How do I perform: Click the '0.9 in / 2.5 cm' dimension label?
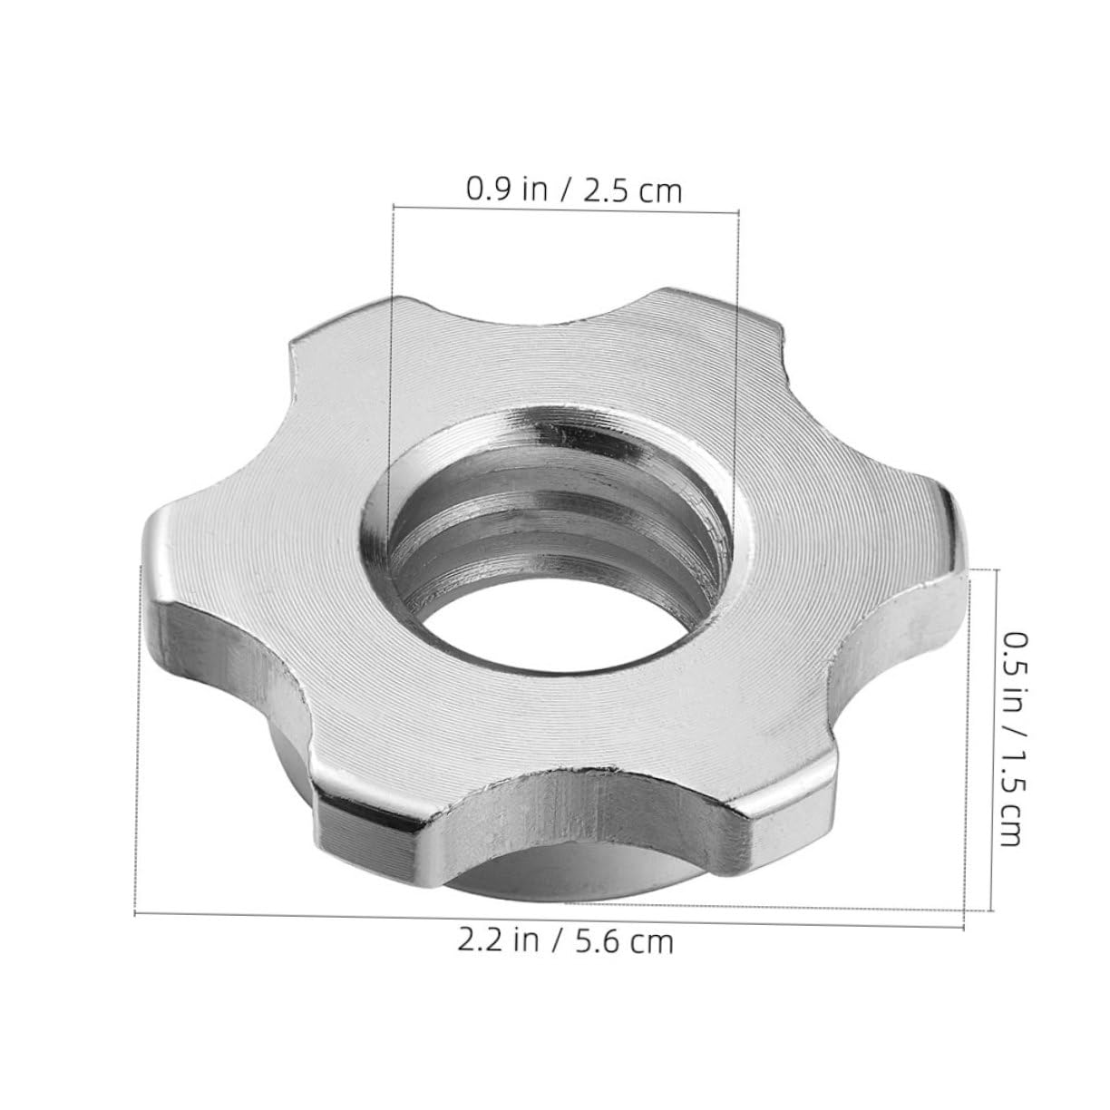click(573, 190)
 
